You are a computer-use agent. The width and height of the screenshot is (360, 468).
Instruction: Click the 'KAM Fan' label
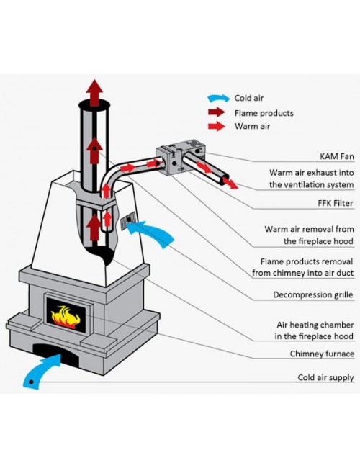coord(337,156)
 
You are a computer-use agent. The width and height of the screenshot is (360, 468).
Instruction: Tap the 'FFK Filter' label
coord(336,203)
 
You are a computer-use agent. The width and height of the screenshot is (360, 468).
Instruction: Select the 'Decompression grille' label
coord(313,295)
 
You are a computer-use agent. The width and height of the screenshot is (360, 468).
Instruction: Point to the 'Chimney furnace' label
coord(322,354)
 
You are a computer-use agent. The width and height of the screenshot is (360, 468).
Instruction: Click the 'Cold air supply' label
coord(325,377)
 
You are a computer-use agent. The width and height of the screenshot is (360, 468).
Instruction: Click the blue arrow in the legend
coord(219,98)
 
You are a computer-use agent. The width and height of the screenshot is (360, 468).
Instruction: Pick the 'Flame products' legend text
coord(264,113)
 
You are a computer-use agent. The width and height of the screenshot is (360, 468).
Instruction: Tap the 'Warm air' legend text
coord(252,126)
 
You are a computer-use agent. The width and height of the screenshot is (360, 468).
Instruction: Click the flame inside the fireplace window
coord(66,316)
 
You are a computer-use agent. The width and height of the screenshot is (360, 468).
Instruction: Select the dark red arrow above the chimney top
coord(94,93)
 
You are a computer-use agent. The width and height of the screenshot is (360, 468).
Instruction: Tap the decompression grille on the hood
coord(128,221)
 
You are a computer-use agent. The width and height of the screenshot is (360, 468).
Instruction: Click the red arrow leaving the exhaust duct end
coord(230,183)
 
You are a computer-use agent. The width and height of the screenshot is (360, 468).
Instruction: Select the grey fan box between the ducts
coord(181,157)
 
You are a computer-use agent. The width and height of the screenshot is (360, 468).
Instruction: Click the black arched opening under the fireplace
coord(56,354)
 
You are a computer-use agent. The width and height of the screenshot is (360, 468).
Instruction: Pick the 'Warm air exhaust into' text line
coord(311,173)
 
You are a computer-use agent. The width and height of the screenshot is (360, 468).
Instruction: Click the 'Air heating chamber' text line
coord(315,325)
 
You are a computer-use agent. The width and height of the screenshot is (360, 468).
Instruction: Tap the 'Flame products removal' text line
coord(306,262)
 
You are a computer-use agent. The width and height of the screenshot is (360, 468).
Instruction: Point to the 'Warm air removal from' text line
coord(309,229)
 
